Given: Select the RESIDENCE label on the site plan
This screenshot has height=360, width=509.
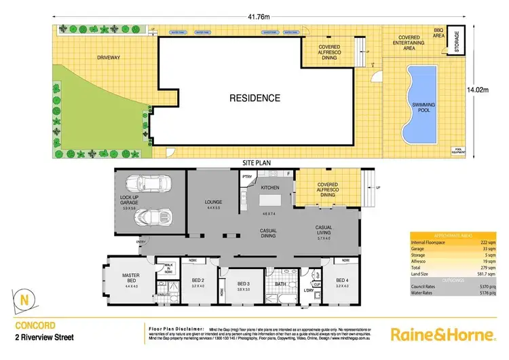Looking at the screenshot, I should coord(254,98).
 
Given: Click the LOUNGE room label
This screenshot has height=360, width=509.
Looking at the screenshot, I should coord(214,202).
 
